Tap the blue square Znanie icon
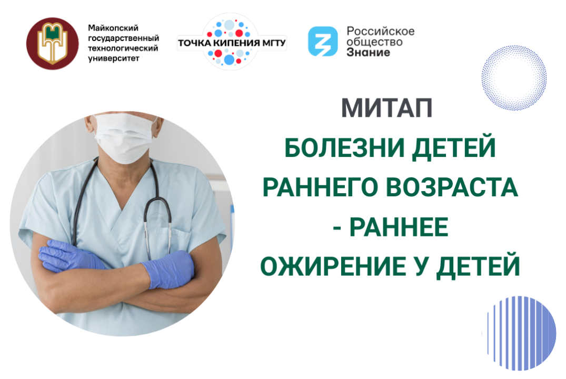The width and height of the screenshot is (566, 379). click(323, 41)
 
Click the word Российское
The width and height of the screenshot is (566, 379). click(380, 31)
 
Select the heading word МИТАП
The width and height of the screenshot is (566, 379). click(386, 107)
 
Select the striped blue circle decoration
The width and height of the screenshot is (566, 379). click(521, 330)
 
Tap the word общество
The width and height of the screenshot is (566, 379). click(374, 42)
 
